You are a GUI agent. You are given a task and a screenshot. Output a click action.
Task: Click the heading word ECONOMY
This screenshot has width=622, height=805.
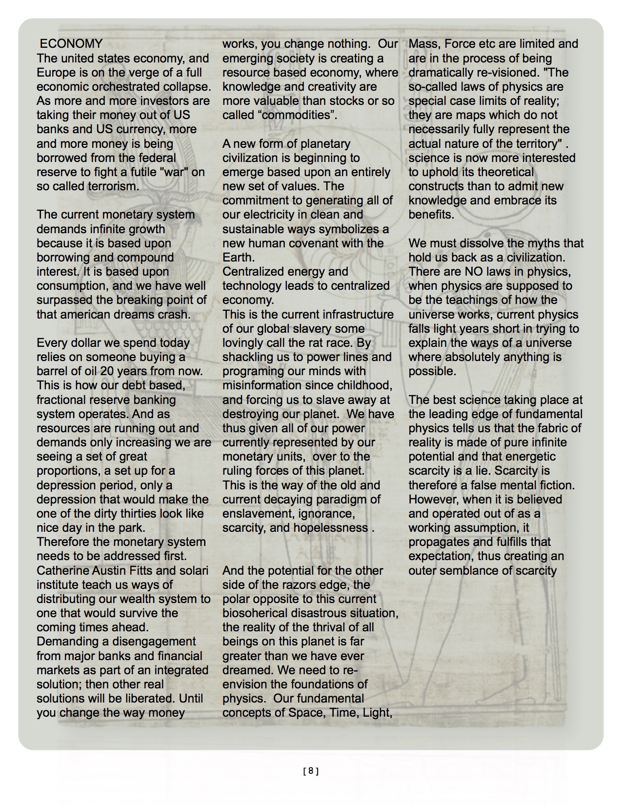coord(71,44)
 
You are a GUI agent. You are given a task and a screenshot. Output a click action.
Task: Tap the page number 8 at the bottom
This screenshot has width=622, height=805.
coord(311,771)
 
